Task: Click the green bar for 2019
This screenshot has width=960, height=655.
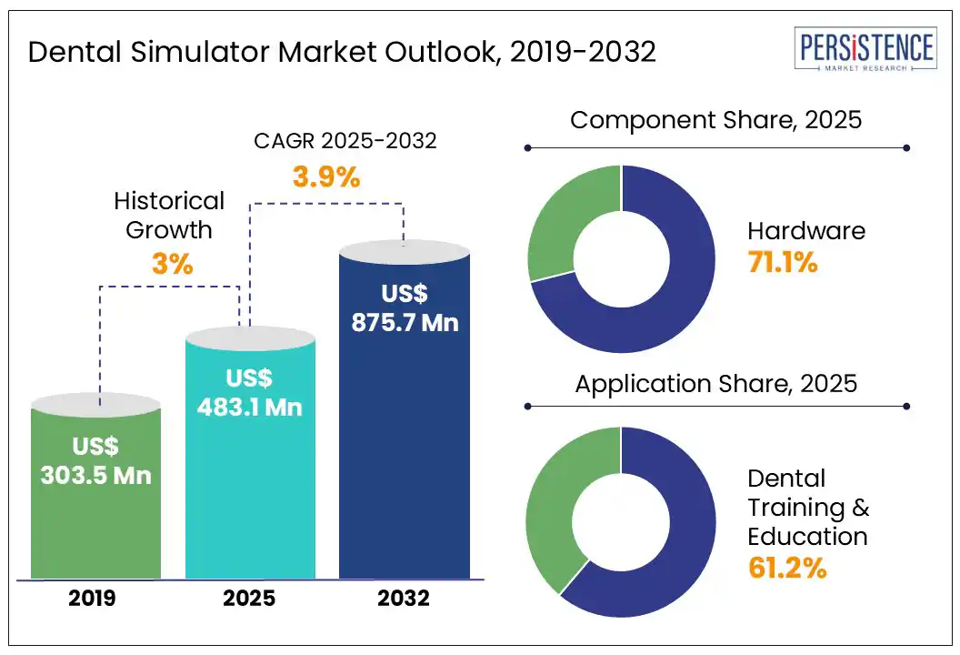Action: point(95,528)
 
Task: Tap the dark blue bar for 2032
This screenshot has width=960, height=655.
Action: point(405,455)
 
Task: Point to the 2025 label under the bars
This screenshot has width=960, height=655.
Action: point(250,599)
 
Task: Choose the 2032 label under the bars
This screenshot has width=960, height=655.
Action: point(404,599)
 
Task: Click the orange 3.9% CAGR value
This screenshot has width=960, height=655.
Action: point(325,177)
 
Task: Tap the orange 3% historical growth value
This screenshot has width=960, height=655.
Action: point(172,265)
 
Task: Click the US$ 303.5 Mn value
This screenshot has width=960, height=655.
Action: point(95,461)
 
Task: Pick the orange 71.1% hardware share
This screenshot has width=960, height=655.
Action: point(783,264)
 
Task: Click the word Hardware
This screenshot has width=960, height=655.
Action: point(806,231)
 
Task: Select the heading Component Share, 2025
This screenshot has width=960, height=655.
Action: point(715,119)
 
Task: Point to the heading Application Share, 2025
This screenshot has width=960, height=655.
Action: point(715,383)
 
